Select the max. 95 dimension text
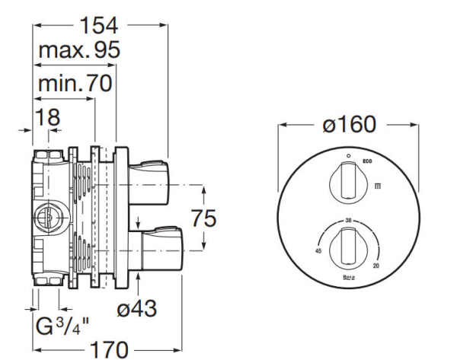pos(79,52)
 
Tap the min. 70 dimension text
pos(75,83)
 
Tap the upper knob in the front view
pos(347,184)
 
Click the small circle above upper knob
pos(347,157)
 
